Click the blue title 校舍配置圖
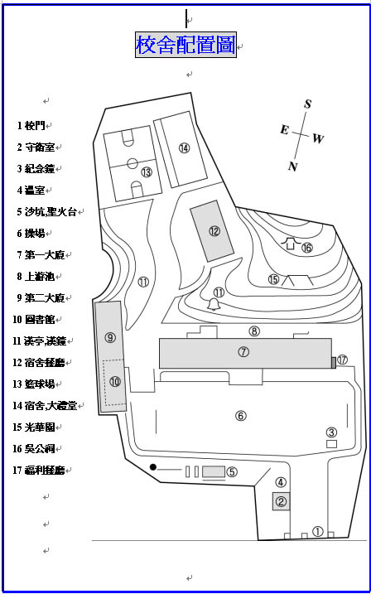[x=185, y=45]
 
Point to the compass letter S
[x=308, y=104]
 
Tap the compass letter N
[x=292, y=166]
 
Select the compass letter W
[x=318, y=139]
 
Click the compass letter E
[x=284, y=130]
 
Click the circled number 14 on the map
[x=185, y=148]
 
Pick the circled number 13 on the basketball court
[x=147, y=172]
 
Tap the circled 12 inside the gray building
[x=214, y=230]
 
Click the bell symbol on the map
[x=214, y=304]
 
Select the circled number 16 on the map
[x=306, y=249]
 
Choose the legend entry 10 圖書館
[x=34, y=320]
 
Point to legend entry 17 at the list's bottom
[x=39, y=471]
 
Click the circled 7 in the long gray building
[x=243, y=352]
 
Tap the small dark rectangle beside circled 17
[x=334, y=363]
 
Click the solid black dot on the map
[x=153, y=466]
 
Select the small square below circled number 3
[x=331, y=443]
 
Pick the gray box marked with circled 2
[x=282, y=501]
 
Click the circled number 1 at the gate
[x=318, y=532]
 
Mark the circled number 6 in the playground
[x=241, y=416]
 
